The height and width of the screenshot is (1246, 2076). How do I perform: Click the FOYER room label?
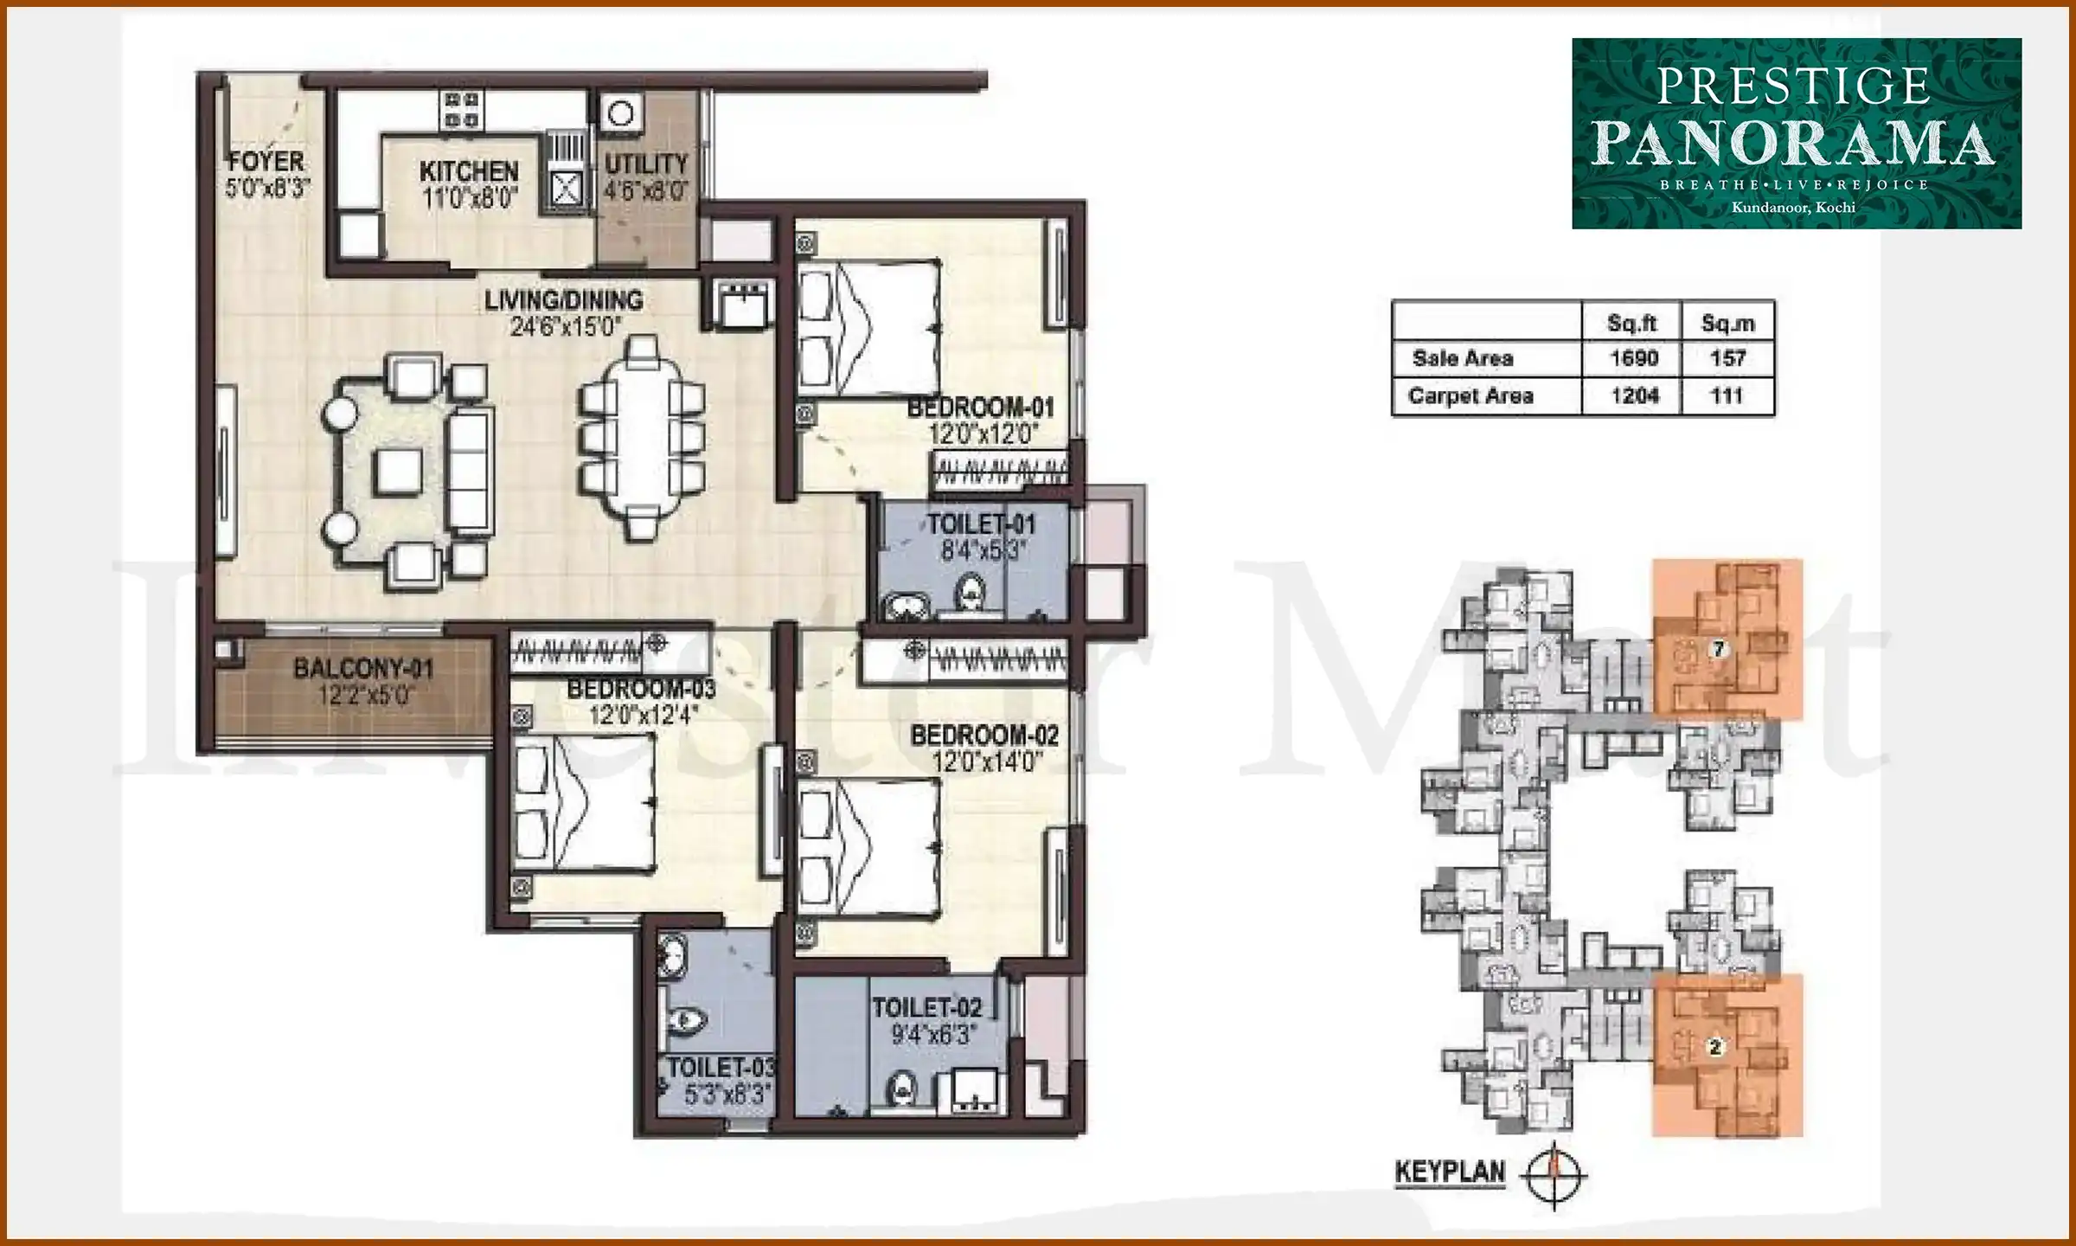[x=266, y=162]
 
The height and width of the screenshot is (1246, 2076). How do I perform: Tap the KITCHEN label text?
[x=469, y=171]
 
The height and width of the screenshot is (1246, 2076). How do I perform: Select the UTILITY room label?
[x=645, y=164]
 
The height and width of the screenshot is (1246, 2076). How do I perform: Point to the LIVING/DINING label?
[x=563, y=300]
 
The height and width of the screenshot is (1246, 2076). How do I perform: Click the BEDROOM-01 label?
[x=981, y=408]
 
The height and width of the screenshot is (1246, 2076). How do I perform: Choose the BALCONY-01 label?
[x=363, y=668]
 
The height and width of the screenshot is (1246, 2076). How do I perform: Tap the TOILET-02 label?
[x=927, y=1008]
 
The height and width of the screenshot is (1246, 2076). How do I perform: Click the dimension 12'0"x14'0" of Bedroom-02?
[x=986, y=762]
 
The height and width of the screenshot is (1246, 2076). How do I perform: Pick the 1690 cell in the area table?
[x=1633, y=358]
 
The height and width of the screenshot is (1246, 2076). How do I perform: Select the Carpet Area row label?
[x=1470, y=396]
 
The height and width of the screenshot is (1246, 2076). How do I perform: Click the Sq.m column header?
[x=1727, y=324]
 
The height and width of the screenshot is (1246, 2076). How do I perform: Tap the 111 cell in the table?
[x=1727, y=396]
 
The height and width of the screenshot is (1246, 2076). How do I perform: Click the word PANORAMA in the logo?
[x=1792, y=144]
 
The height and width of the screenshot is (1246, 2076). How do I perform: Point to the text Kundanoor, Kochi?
[x=1793, y=208]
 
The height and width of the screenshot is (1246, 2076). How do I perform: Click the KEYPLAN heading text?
[x=1450, y=1172]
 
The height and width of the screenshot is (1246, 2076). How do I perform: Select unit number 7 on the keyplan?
[x=1719, y=648]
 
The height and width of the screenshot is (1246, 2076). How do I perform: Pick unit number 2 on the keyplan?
[x=1715, y=1047]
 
